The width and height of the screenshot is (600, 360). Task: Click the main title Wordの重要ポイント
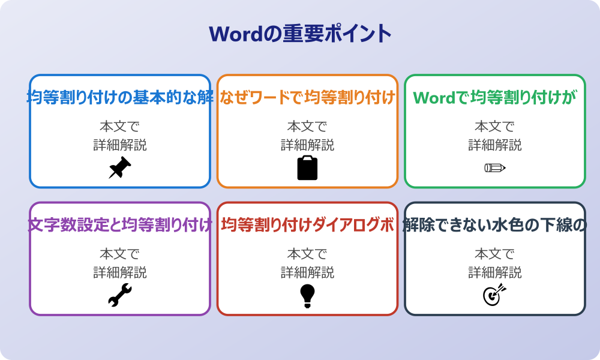(300, 34)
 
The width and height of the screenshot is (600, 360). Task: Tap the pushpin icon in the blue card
(120, 167)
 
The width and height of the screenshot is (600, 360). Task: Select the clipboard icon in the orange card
(307, 167)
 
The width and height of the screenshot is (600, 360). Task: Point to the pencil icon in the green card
(495, 167)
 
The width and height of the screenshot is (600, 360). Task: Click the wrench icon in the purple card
(120, 295)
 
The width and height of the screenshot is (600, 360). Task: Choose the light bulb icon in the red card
(307, 295)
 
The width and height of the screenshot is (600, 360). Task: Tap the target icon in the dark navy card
(495, 295)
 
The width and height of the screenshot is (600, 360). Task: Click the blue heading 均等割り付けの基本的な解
(120, 97)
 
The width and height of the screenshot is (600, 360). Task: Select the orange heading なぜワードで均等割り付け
(307, 97)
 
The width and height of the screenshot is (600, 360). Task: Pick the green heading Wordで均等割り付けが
(495, 97)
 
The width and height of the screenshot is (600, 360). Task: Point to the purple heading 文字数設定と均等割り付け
(120, 225)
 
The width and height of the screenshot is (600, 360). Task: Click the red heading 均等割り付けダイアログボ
(307, 225)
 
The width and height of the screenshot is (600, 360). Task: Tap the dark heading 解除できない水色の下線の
(495, 225)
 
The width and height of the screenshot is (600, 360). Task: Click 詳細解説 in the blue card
(120, 145)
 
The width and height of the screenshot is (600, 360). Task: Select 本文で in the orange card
(307, 127)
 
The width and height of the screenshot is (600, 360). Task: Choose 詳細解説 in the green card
(495, 145)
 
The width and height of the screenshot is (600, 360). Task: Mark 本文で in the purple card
(120, 254)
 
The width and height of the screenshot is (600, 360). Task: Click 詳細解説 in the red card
(307, 272)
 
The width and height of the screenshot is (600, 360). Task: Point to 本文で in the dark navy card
(495, 254)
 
